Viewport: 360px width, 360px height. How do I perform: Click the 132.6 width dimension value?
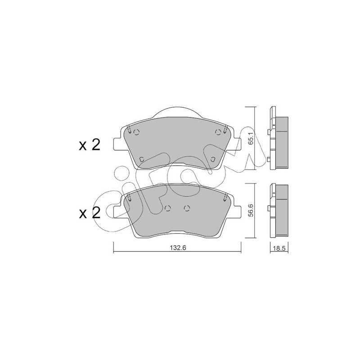(177, 248)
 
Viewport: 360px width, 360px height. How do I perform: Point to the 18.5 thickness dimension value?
(279, 249)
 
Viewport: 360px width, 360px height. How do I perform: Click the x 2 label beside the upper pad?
(90, 145)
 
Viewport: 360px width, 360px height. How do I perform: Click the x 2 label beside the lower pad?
(90, 213)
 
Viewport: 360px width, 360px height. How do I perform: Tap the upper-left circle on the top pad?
(137, 132)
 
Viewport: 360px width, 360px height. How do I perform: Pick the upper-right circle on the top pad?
(218, 132)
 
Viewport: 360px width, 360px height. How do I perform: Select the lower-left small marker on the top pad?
(142, 159)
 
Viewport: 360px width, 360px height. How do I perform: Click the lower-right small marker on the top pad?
(213, 159)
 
